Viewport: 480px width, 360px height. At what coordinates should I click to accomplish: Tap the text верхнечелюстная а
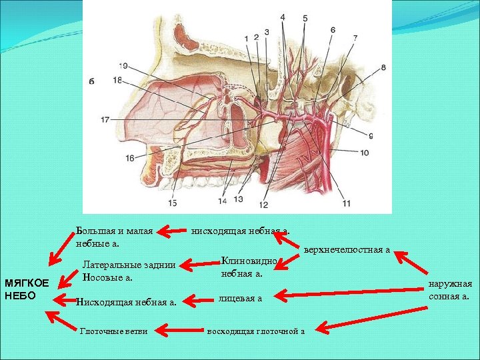(347, 250)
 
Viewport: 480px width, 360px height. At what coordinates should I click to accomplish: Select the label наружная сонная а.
(450, 290)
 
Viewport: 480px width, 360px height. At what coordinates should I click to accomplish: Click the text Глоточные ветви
(113, 331)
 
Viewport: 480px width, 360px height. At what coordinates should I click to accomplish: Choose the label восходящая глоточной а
(256, 331)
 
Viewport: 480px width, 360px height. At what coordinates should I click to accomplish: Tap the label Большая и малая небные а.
(115, 237)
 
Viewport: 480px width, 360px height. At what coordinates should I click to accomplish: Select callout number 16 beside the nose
(129, 157)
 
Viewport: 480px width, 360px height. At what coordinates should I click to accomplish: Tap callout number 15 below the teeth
(173, 202)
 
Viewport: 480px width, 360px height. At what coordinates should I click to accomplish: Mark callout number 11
(346, 202)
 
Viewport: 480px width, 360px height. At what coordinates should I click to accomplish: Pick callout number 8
(383, 67)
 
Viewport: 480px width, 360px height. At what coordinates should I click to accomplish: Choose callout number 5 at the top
(305, 19)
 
